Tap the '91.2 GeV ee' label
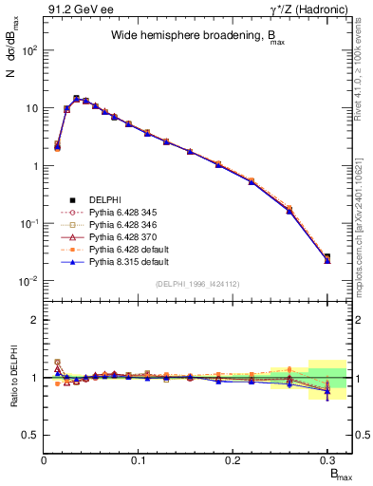72,9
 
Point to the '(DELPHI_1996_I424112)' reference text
198,283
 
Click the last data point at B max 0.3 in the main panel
326,258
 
